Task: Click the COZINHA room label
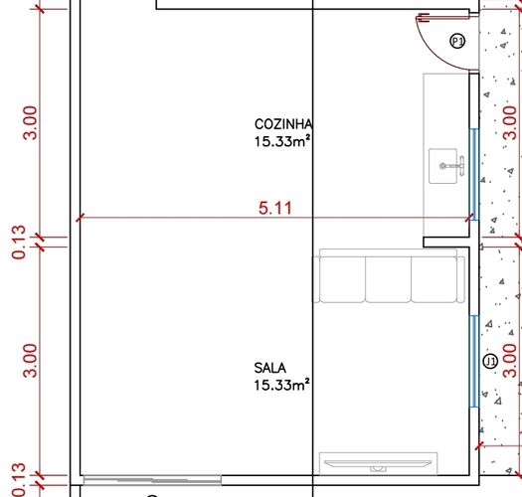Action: pos(283,124)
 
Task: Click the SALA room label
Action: pos(270,368)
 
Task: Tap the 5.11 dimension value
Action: pos(275,209)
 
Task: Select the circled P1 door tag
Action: pos(457,42)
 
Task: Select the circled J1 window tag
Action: pos(490,362)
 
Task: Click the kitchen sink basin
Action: pos(442,166)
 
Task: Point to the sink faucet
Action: pos(453,165)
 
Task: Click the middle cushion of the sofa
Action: pos(388,279)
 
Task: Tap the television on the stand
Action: pos(378,463)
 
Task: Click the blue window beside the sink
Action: pos(474,174)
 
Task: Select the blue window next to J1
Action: pos(474,361)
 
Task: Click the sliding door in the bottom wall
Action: pos(152,480)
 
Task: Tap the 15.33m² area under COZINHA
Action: pos(283,141)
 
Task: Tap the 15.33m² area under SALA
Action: pos(282,385)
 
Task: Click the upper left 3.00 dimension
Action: pos(30,122)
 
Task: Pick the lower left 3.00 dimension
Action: pos(30,361)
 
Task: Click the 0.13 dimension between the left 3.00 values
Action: pos(18,242)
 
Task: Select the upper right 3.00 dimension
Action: pos(510,122)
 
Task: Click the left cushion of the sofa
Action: pos(342,279)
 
